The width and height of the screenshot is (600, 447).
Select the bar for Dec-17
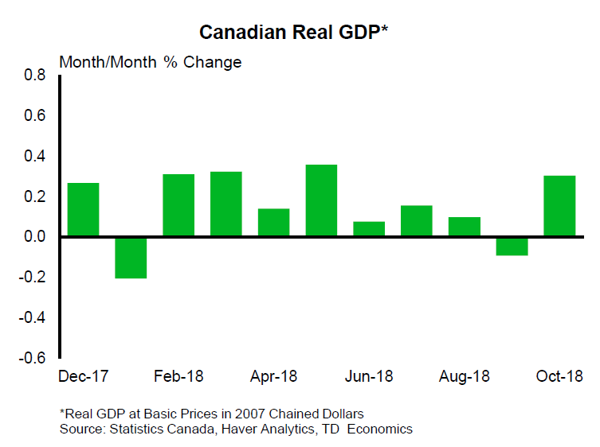pos(83,210)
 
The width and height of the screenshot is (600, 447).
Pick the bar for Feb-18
pos(178,205)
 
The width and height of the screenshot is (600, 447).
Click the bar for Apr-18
pos(273,223)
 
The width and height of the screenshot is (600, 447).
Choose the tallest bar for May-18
pos(321,200)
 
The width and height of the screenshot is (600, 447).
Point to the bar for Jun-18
pos(369,229)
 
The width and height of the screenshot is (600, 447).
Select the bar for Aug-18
pos(465,227)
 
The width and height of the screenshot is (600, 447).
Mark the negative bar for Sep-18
pos(512,246)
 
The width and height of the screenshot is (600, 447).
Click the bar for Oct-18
pos(559,206)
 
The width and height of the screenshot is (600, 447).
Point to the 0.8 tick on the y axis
pos(35,76)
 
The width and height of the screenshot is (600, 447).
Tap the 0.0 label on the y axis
pos(35,237)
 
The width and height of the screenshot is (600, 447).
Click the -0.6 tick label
pos(33,358)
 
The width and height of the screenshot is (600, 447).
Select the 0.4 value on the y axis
pos(35,157)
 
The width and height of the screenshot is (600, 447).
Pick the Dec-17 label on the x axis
pos(84,376)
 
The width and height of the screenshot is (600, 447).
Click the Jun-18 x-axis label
pos(370,376)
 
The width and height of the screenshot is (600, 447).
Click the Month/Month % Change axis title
pos(151,62)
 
